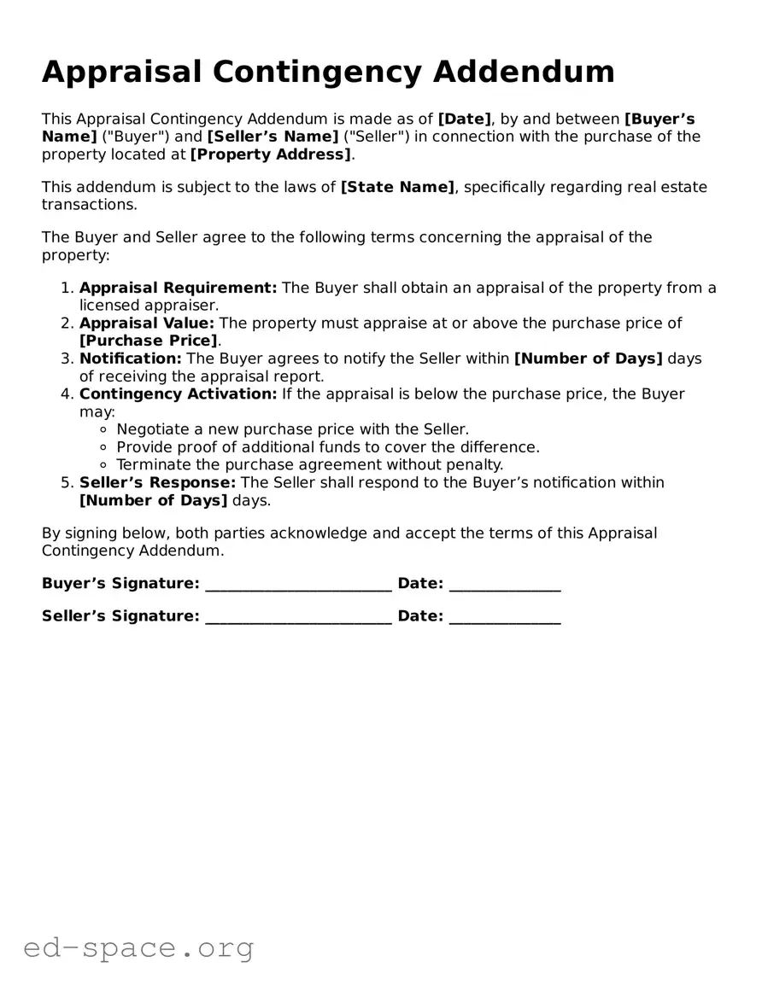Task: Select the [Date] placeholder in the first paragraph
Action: [x=464, y=119]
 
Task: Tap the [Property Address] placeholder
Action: [x=270, y=154]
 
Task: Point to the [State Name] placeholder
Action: [x=397, y=187]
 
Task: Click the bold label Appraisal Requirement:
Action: [x=178, y=288]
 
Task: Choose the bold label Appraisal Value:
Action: [x=147, y=323]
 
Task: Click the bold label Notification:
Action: [x=131, y=358]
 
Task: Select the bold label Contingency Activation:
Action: [x=178, y=393]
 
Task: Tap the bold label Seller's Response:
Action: [x=157, y=482]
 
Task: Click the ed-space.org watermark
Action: [x=138, y=947]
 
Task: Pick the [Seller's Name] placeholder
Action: [x=273, y=137]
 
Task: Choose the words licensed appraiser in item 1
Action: [x=149, y=305]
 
